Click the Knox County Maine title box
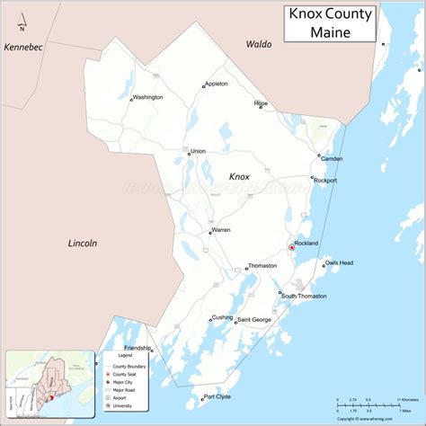tap(330, 22)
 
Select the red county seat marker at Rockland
tap(291, 246)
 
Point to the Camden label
tap(332, 159)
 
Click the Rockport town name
tap(324, 181)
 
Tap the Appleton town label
tap(217, 84)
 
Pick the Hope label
tap(262, 104)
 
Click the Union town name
tap(198, 150)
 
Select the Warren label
tap(221, 229)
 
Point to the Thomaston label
tap(263, 266)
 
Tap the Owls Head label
tap(339, 262)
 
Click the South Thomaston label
tap(304, 296)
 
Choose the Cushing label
tap(222, 317)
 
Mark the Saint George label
tap(254, 320)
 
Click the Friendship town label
tap(138, 348)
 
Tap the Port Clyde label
tap(218, 396)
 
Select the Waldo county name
tap(258, 43)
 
